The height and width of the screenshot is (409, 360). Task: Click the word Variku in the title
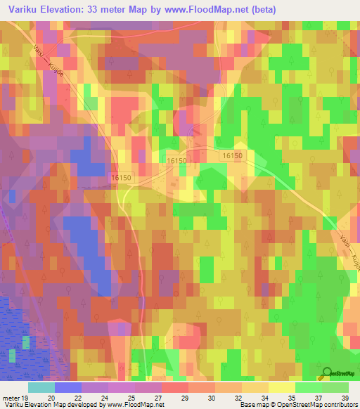coord(25,10)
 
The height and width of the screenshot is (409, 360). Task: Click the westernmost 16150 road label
coord(121,178)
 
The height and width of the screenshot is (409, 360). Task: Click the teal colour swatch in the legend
coord(41,387)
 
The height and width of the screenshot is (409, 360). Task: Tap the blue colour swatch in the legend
coord(67,387)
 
